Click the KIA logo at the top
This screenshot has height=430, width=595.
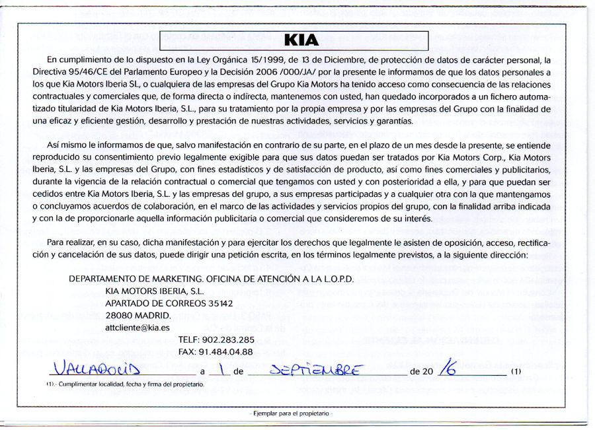[301, 40]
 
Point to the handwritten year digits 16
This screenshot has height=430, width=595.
[452, 367]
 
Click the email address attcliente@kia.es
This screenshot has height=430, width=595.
[138, 326]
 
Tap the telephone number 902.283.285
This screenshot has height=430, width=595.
[225, 340]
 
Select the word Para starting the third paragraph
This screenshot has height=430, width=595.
[43, 242]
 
